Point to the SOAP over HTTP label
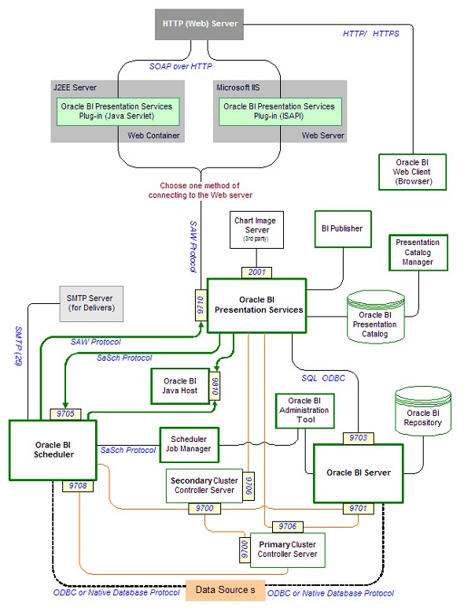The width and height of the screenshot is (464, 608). click(x=182, y=66)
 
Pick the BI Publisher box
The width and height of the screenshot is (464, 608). click(x=342, y=228)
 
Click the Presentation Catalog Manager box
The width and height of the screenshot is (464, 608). click(x=418, y=252)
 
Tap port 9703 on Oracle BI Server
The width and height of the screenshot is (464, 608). click(x=358, y=437)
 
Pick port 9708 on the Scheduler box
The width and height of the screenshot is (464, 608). click(x=79, y=485)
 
